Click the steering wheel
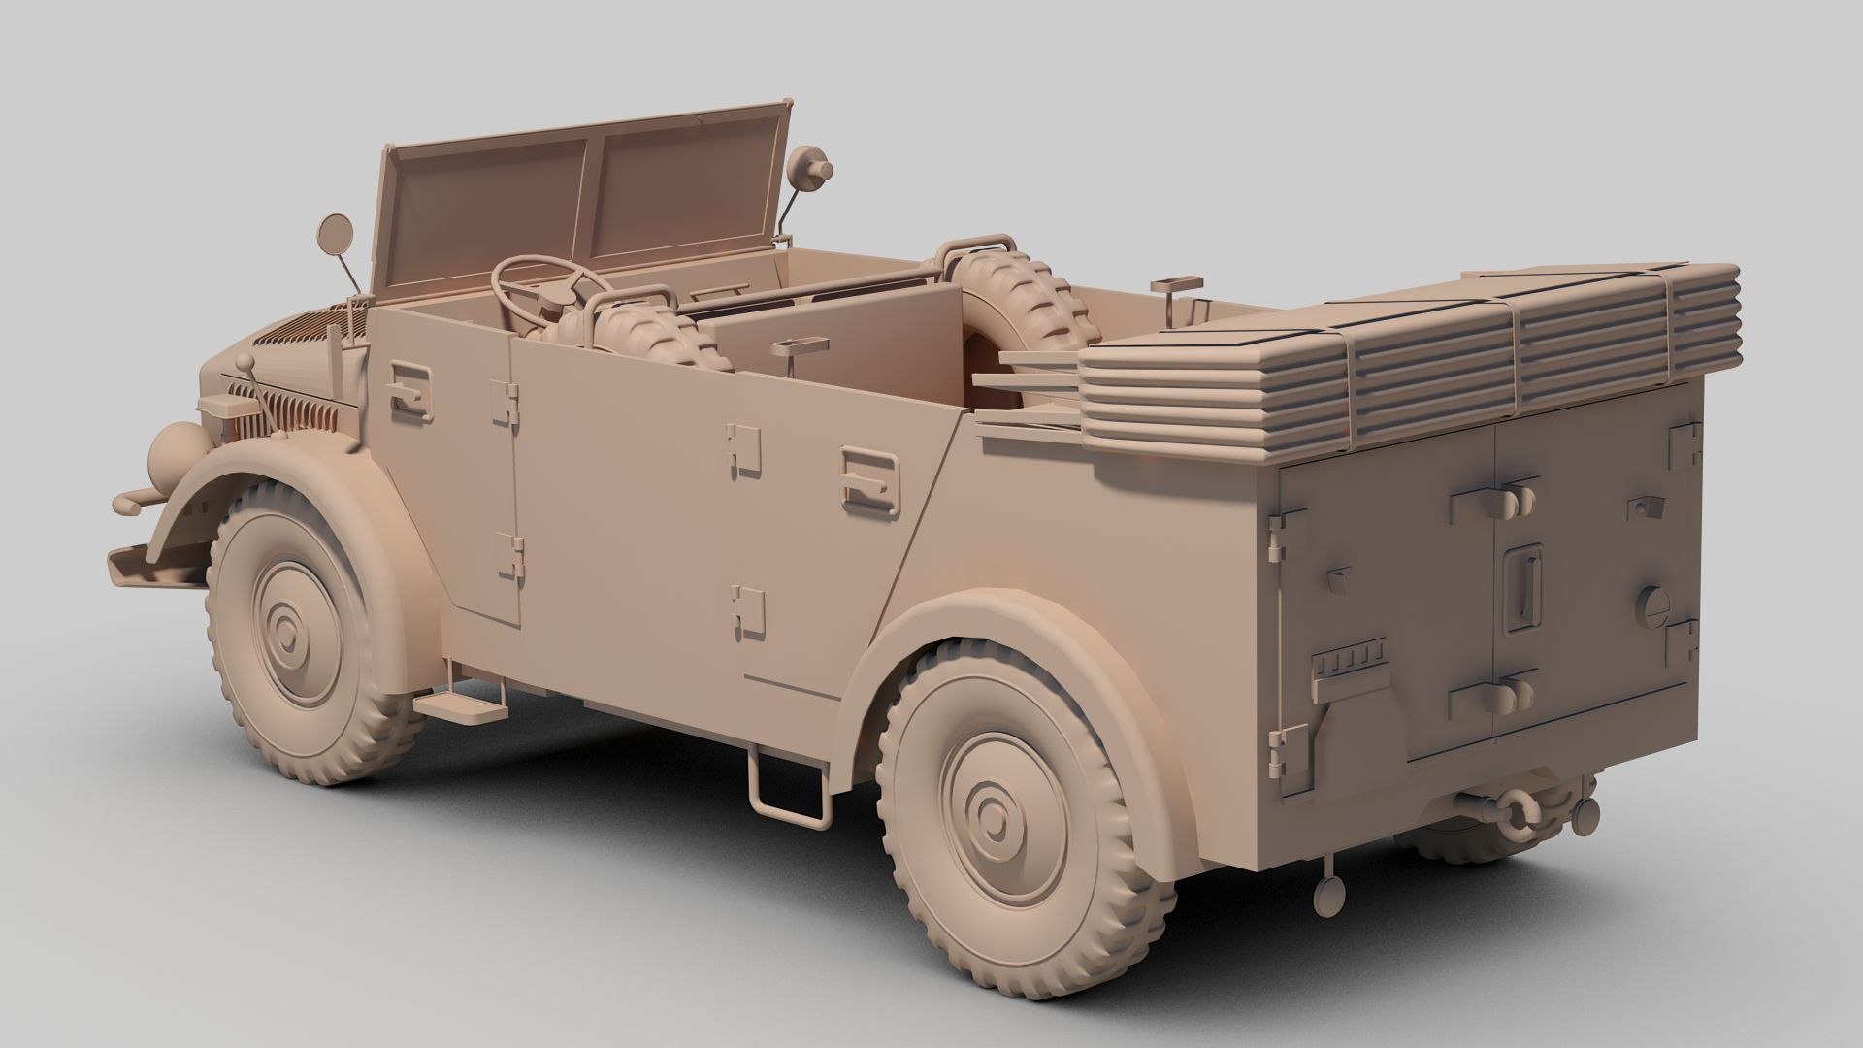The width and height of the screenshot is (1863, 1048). [x=543, y=281]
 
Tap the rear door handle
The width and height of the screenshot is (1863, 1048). [x=869, y=475]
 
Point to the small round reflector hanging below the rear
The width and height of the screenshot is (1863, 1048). [x=1328, y=897]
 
